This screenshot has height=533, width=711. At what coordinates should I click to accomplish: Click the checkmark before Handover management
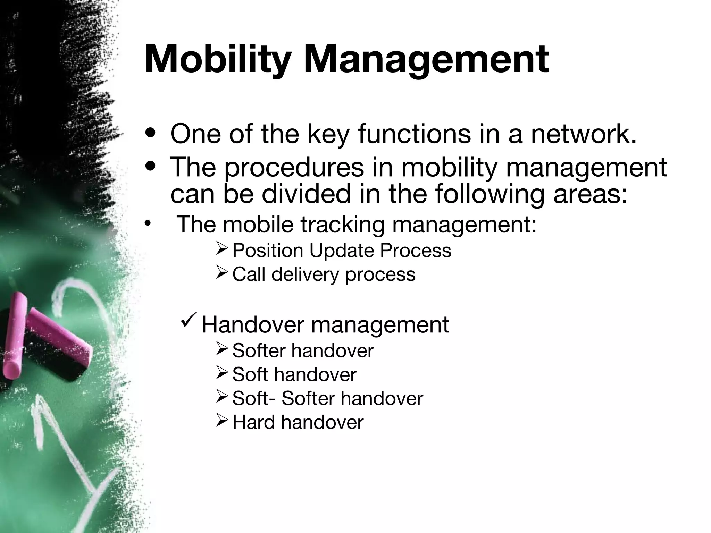190,322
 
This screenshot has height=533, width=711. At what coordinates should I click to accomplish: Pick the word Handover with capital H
253,325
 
